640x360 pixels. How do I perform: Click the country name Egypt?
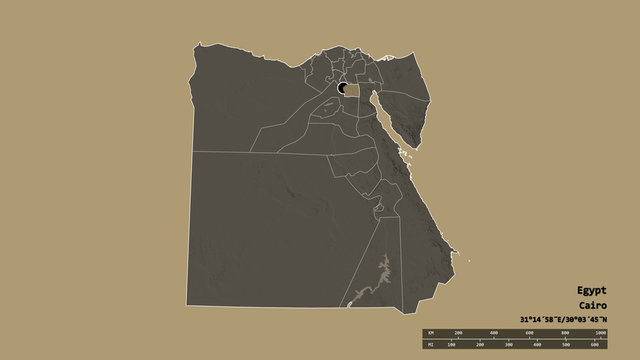coord(591,288)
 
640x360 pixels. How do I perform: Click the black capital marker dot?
coord(343,88)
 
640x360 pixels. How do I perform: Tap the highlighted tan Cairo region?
coord(352,89)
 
